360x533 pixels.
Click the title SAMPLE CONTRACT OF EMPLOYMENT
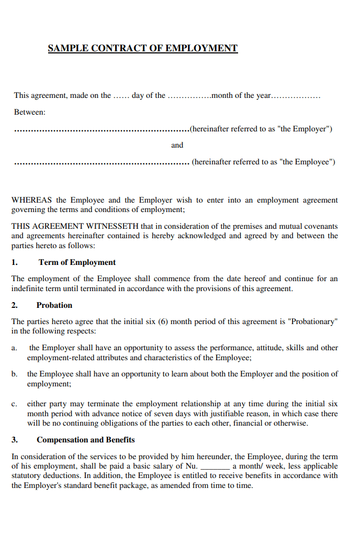point(142,49)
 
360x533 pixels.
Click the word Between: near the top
point(29,112)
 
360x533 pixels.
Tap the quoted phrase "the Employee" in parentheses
point(306,162)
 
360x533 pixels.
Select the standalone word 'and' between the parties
point(177,145)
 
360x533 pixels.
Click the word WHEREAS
point(31,200)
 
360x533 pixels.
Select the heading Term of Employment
point(77,262)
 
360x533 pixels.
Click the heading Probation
point(54,305)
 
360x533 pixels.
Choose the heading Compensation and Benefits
point(85,440)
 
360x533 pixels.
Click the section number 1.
point(15,262)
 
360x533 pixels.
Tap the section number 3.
point(15,440)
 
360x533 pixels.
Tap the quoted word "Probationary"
point(312,321)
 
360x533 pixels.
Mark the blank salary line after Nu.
point(215,467)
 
